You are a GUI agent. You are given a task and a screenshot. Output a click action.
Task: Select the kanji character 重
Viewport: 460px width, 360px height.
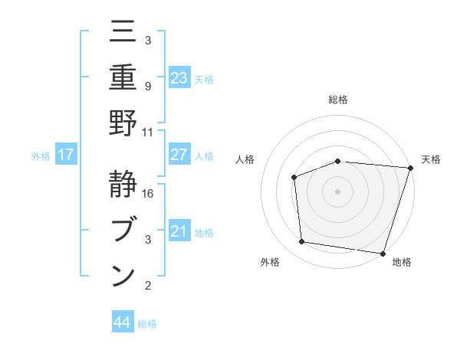point(123,77)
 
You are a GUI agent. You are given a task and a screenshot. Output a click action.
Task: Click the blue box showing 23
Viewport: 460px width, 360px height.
point(179,78)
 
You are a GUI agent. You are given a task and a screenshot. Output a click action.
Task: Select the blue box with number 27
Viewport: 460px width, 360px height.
point(179,155)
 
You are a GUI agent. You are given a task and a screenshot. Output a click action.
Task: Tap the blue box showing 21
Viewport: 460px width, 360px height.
point(179,231)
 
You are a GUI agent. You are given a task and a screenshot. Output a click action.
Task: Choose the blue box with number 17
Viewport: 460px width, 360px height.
point(66,155)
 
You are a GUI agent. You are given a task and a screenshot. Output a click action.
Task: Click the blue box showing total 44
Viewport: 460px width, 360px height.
point(123,322)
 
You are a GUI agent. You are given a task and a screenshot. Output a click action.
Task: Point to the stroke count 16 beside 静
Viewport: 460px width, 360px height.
point(149,194)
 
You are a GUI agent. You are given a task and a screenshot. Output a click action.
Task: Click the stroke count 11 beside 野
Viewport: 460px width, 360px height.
point(149,132)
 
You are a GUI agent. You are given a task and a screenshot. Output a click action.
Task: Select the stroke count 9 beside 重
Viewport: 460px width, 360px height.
point(149,86)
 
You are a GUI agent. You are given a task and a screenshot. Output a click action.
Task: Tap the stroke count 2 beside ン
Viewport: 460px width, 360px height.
point(149,286)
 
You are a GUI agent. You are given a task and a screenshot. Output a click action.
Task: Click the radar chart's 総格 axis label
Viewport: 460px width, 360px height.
point(338,100)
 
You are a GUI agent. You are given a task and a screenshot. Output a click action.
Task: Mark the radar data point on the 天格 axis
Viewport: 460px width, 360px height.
point(411,168)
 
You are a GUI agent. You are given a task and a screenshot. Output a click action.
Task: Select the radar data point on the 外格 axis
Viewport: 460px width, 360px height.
point(302,242)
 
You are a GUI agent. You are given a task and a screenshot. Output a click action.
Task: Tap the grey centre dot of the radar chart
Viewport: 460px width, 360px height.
point(338,191)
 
